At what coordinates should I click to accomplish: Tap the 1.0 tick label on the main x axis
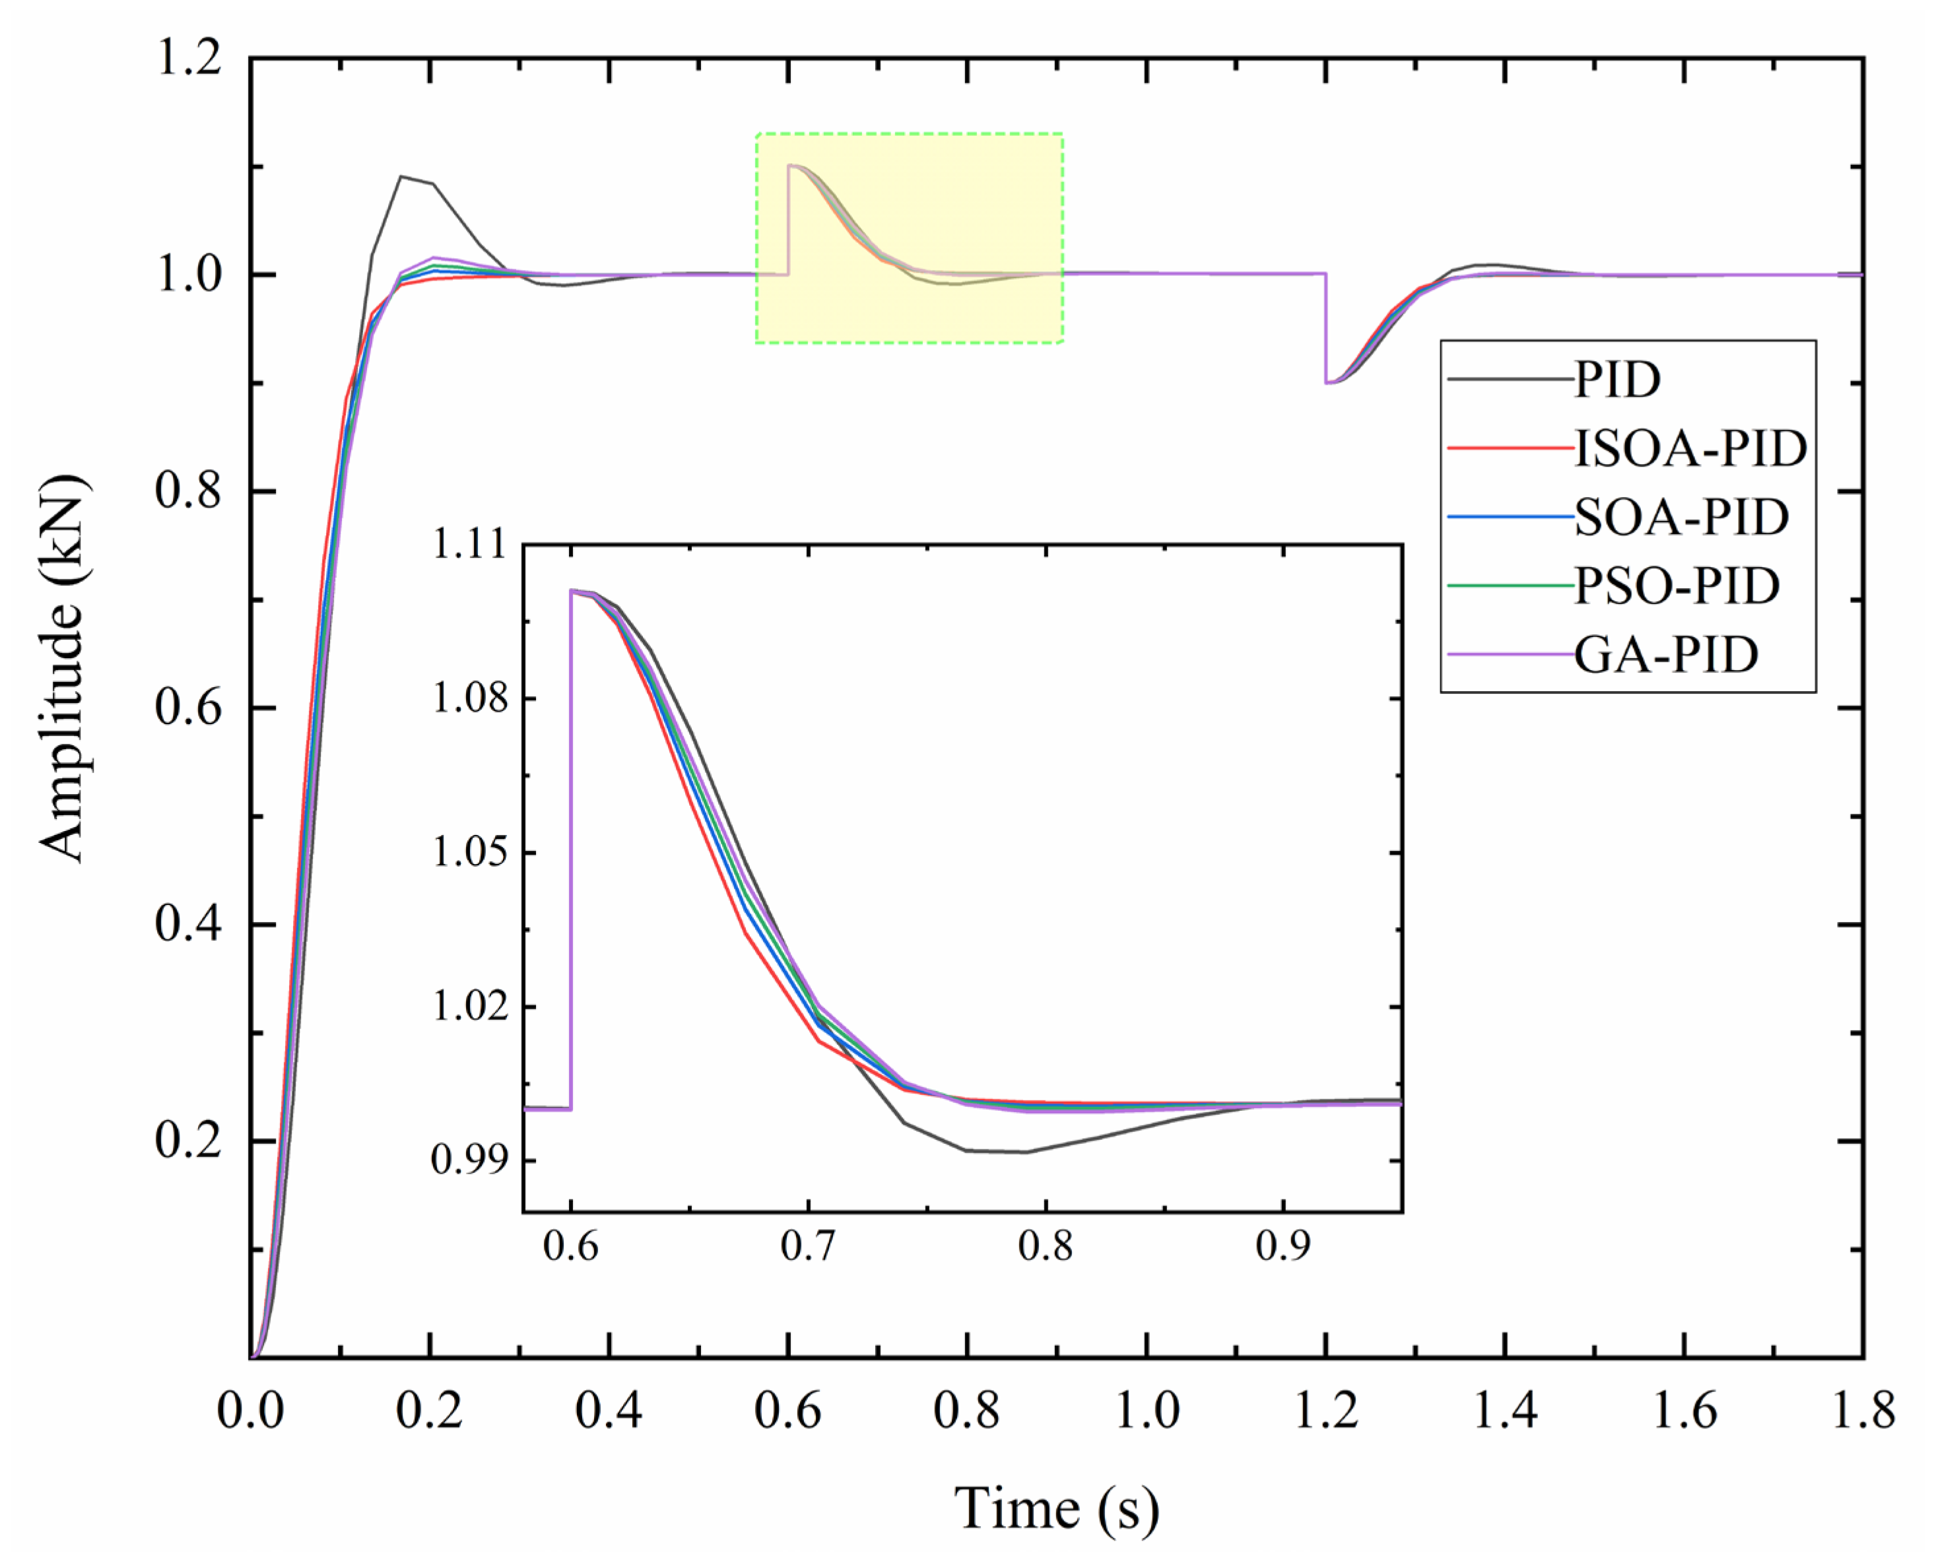pyautogui.click(x=1147, y=1409)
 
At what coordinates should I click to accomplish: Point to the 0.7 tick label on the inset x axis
pyautogui.click(x=808, y=1247)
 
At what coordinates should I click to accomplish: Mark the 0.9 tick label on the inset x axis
pyautogui.click(x=1283, y=1247)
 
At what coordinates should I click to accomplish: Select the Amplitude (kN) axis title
pyautogui.click(x=63, y=668)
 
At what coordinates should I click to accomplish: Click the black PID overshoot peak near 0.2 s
pyautogui.click(x=401, y=177)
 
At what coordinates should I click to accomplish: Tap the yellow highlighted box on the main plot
pyautogui.click(x=909, y=238)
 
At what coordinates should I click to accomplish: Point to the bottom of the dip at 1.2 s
pyautogui.click(x=1327, y=383)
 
